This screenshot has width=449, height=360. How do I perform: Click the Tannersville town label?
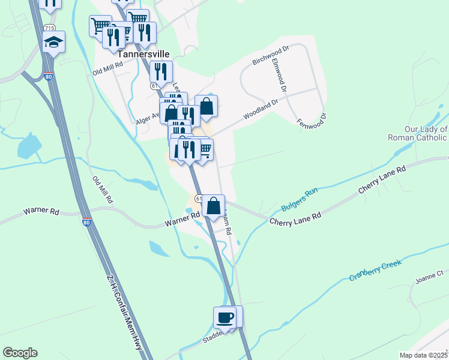pyautogui.click(x=140, y=53)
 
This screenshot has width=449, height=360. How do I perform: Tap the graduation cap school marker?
pyautogui.click(x=53, y=41)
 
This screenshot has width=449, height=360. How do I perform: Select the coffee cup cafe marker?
pyautogui.click(x=225, y=316)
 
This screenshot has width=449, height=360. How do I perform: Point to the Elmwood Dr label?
pyautogui.click(x=280, y=74)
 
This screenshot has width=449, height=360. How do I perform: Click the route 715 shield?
pyautogui.click(x=49, y=28)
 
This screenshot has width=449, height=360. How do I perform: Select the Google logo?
pyautogui.click(x=20, y=353)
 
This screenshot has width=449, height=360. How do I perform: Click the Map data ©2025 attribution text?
pyautogui.click(x=423, y=355)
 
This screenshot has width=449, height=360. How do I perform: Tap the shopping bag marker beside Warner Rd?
pyautogui.click(x=213, y=205)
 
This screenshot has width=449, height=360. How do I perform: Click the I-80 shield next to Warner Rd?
pyautogui.click(x=88, y=223)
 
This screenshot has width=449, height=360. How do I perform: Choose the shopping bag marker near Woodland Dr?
pyautogui.click(x=206, y=106)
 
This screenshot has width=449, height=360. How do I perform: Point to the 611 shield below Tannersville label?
pyautogui.click(x=155, y=86)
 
